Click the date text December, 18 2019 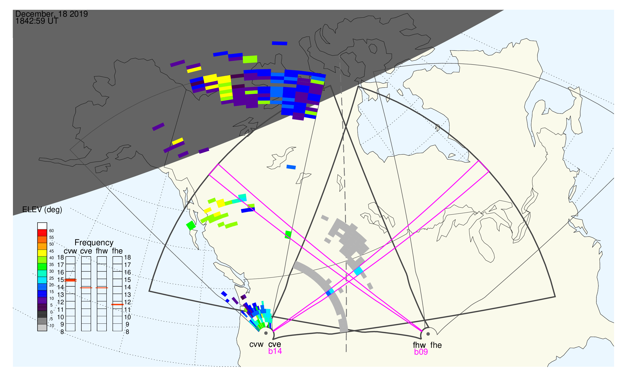(52, 14)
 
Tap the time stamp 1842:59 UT (37, 21)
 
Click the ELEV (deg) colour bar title (42, 210)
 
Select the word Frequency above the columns (94, 243)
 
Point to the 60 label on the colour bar (51, 231)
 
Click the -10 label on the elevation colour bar (51, 326)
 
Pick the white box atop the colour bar (42, 226)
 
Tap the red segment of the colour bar (42, 233)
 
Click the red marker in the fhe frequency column (117, 305)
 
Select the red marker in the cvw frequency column (70, 280)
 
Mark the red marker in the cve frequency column (86, 288)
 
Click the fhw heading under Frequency (102, 251)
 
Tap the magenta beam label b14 (275, 351)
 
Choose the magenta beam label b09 (421, 352)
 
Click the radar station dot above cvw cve (266, 333)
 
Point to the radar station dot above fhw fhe (428, 334)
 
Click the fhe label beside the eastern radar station (436, 345)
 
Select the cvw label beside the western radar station (256, 345)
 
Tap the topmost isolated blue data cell (280, 43)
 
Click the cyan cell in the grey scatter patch (358, 271)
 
